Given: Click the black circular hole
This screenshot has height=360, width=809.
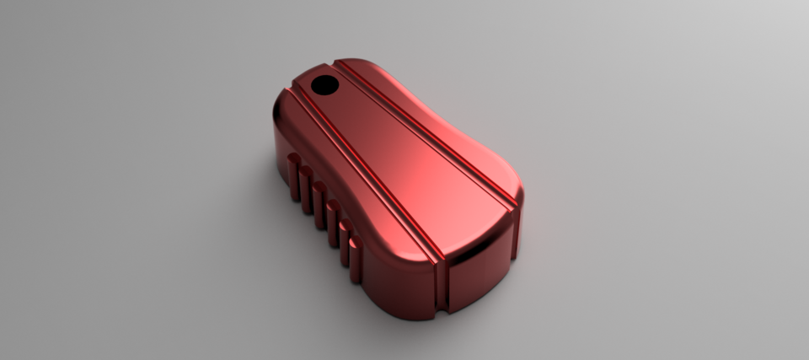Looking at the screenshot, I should (324, 85).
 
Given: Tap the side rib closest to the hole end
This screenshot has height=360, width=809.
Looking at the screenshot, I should (293, 177).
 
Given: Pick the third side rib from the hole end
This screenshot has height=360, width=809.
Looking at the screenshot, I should (319, 203).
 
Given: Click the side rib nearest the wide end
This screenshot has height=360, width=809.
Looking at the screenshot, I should (356, 258).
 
